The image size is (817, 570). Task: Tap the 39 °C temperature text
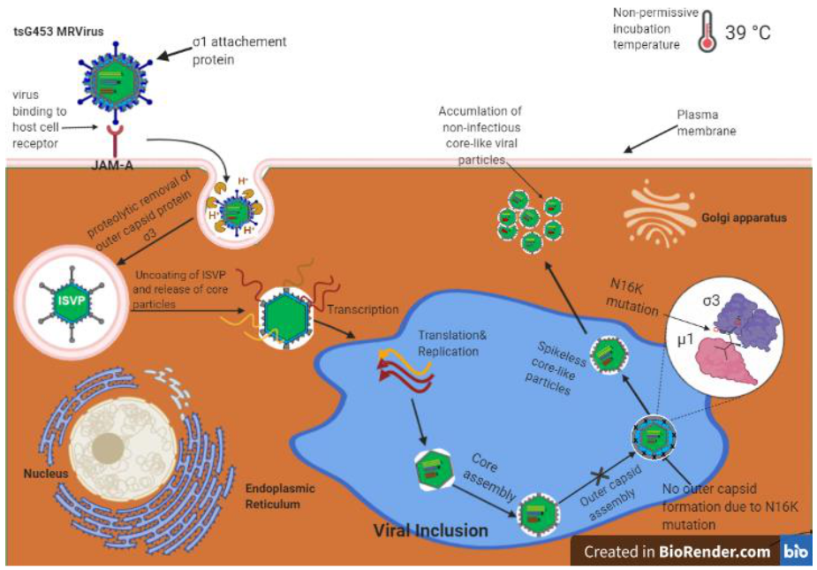[748, 33]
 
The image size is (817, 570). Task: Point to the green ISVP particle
[71, 299]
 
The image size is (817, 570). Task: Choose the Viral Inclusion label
[430, 530]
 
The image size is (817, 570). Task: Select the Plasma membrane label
[707, 123]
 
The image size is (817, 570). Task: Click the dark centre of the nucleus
[108, 447]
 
